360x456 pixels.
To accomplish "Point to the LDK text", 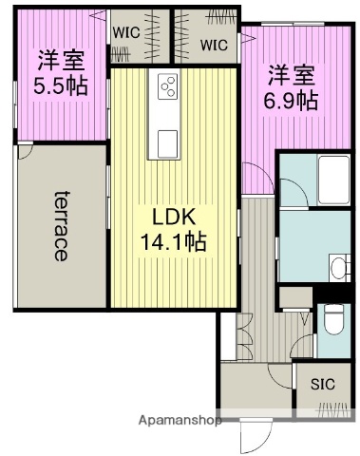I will pos(174,218).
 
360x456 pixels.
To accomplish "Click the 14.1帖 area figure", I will pos(172,242).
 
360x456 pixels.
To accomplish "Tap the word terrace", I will pos(60,224).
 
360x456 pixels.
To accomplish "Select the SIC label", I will pos(322,385).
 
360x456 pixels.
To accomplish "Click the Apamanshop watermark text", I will pos(180,419).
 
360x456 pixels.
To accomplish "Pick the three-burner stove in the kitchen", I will pos(168,87).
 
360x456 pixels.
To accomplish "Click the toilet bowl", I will pos(332,320).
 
